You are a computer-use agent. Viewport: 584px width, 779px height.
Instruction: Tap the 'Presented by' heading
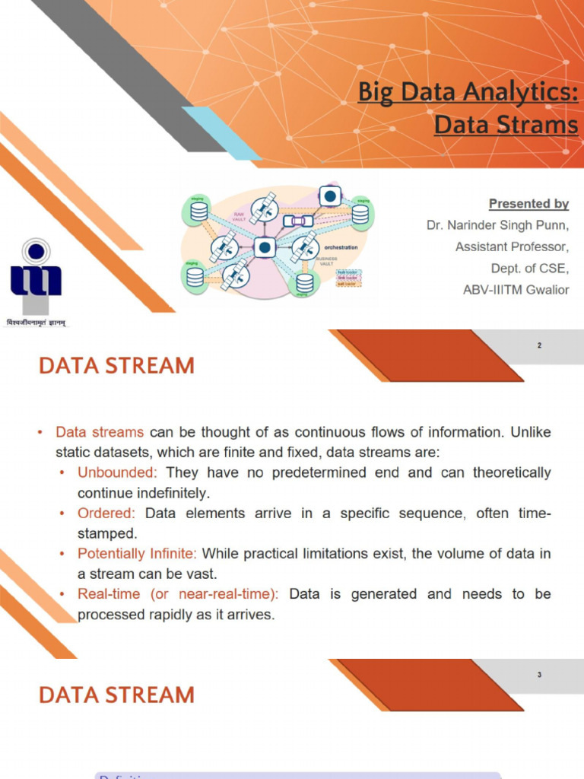[x=528, y=203]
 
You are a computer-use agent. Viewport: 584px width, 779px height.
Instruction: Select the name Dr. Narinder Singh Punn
[x=497, y=225]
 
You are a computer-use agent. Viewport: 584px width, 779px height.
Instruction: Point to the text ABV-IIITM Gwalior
[x=516, y=289]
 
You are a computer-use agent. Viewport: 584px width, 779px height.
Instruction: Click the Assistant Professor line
[x=512, y=246]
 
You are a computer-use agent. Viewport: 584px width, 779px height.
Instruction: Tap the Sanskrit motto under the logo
[x=36, y=323]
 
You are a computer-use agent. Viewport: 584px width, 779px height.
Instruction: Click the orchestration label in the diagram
[x=341, y=247]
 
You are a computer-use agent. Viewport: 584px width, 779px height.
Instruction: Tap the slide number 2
[x=539, y=346]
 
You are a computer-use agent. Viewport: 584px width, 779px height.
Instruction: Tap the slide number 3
[x=539, y=675]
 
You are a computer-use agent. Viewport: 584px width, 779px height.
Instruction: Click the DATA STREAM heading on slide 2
[x=116, y=366]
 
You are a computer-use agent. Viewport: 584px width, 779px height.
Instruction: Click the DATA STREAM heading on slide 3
[x=116, y=695]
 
